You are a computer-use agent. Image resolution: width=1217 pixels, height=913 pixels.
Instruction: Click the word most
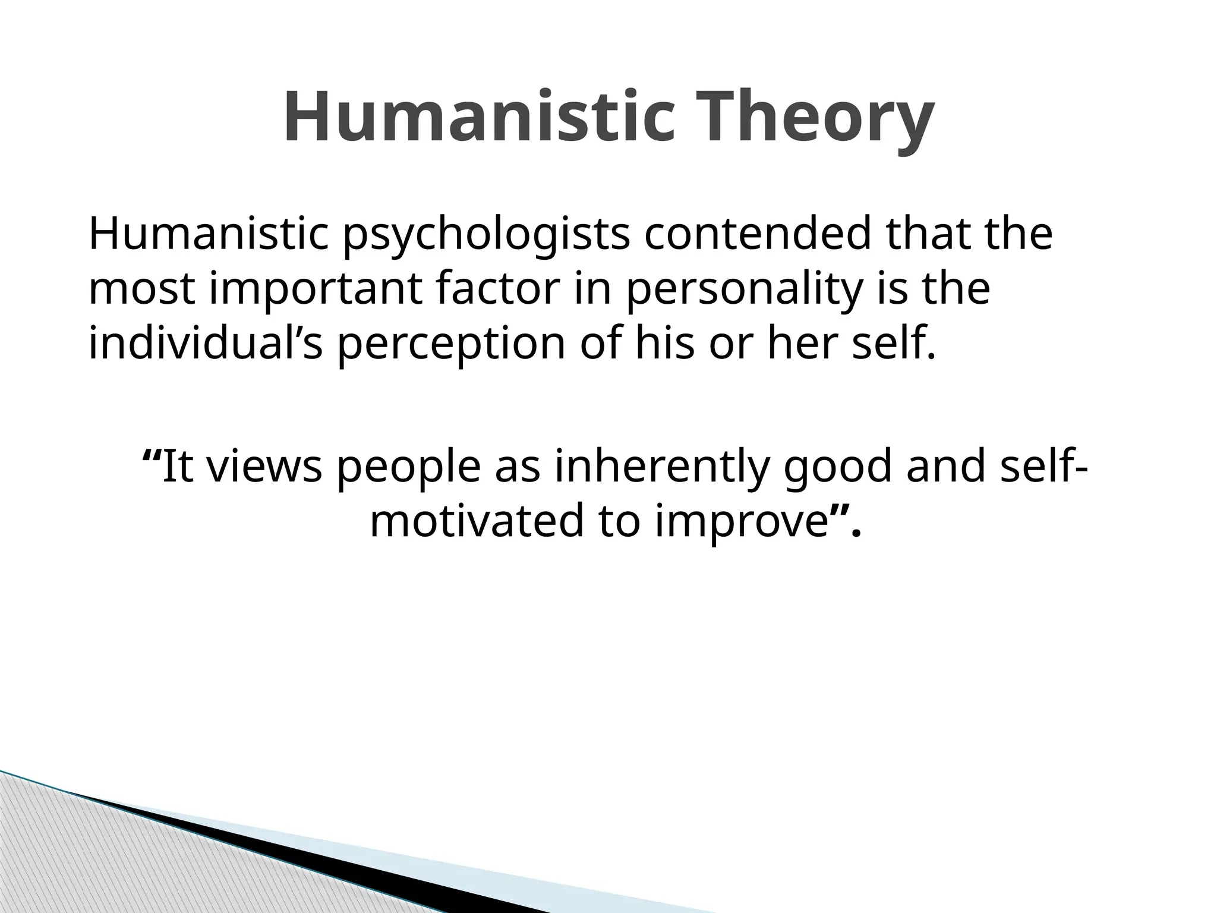tap(141, 289)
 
